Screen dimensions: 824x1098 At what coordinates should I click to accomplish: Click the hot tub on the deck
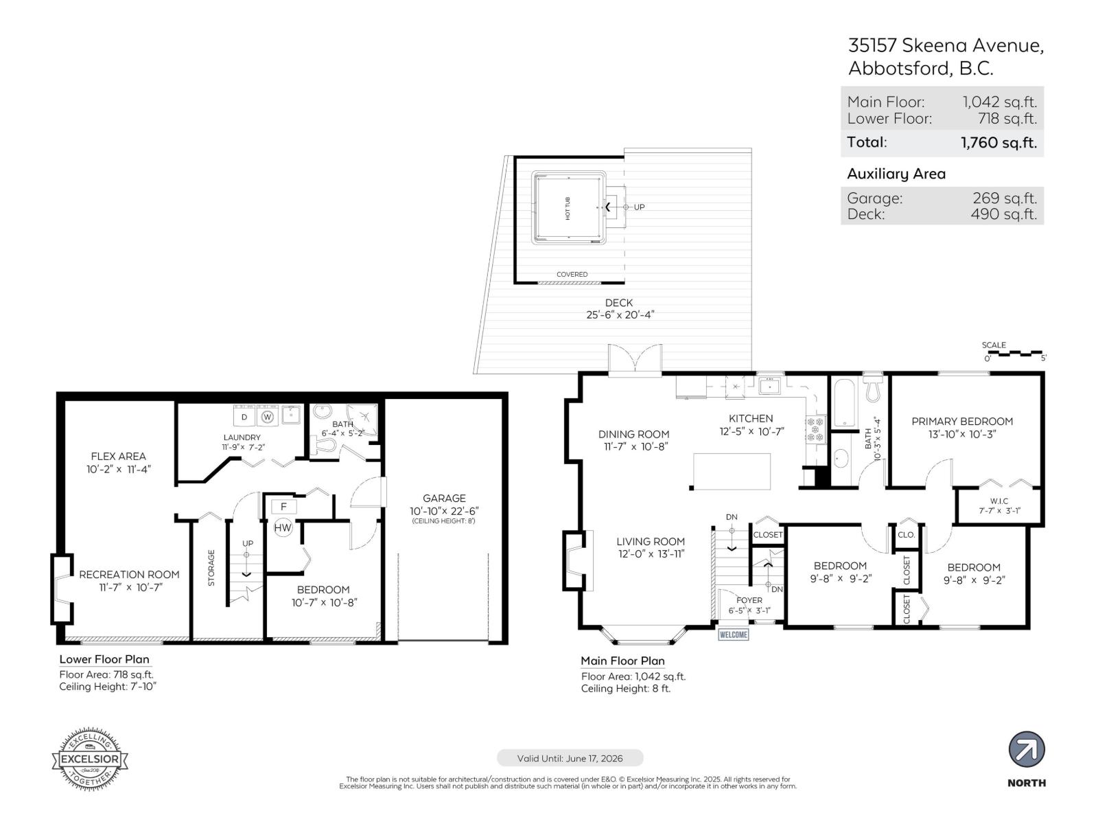(568, 207)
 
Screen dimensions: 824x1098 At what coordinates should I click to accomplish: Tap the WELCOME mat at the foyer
(733, 634)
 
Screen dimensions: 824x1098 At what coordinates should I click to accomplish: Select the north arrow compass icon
(1027, 750)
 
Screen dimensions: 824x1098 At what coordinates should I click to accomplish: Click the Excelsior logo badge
(90, 759)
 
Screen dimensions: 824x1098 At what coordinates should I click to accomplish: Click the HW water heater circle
(283, 527)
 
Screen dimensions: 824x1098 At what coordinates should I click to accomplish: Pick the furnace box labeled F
(283, 507)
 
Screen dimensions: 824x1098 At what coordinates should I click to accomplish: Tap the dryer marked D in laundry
(244, 416)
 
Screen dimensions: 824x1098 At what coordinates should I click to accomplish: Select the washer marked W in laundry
(268, 416)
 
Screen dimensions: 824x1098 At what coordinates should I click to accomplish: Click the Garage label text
(444, 499)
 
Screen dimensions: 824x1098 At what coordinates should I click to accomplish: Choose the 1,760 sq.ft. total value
(998, 143)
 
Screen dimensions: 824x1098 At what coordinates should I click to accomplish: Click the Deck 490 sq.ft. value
(1003, 214)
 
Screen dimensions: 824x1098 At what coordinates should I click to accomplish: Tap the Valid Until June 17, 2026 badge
(570, 758)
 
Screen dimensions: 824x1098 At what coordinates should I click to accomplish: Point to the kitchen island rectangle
(732, 471)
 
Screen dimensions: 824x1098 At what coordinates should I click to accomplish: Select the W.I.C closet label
(999, 501)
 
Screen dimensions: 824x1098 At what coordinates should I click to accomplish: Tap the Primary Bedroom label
(961, 422)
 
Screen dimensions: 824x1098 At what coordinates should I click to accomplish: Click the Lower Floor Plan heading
(104, 659)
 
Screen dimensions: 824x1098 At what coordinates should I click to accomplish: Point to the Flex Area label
(118, 456)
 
